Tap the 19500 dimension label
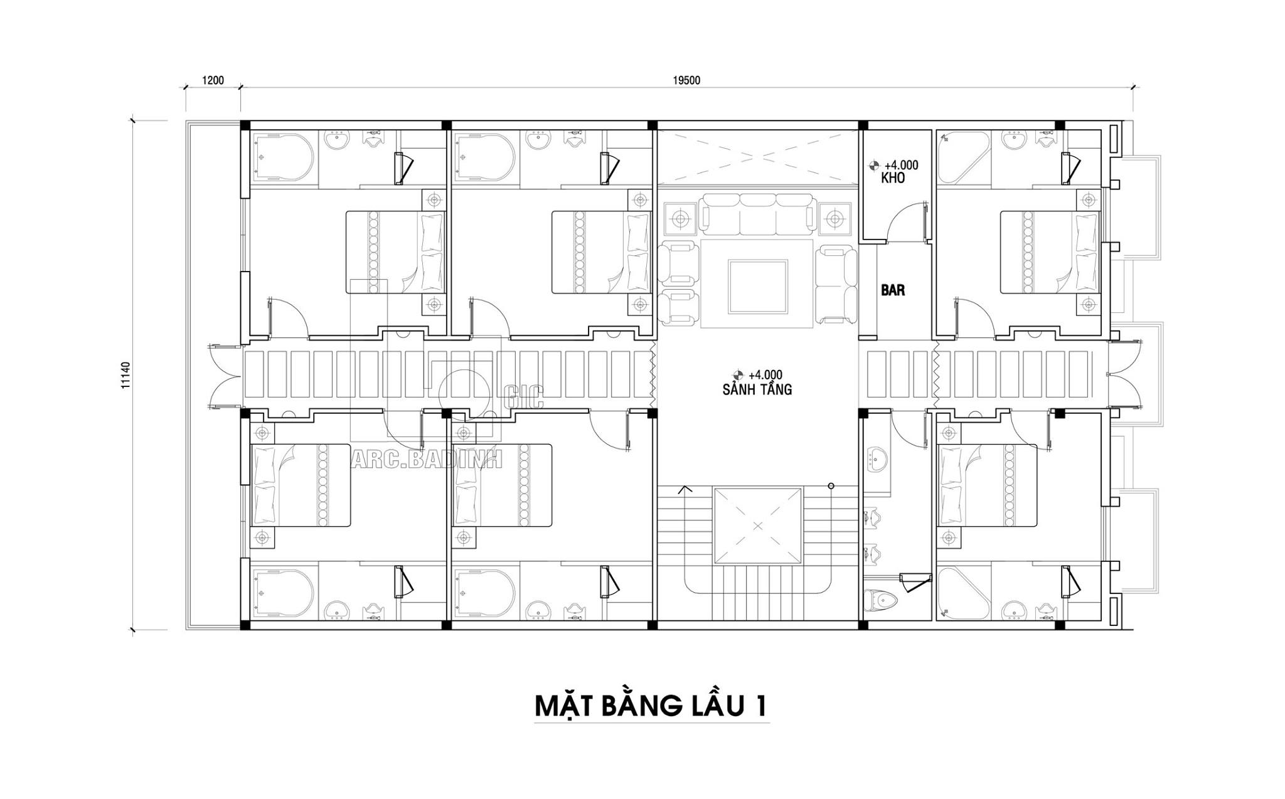[x=686, y=80]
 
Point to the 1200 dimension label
[x=213, y=80]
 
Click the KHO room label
[x=892, y=178]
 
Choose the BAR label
[x=893, y=290]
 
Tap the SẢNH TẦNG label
[x=757, y=389]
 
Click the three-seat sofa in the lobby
[x=757, y=214]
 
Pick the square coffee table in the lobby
[x=757, y=287]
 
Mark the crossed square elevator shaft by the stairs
[x=757, y=526]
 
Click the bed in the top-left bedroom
[x=395, y=251]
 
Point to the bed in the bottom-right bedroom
[x=987, y=485]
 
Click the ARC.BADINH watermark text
[x=426, y=460]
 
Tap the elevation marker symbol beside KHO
[x=873, y=166]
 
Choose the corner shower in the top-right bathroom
[x=964, y=157]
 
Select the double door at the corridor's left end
[x=224, y=376]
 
